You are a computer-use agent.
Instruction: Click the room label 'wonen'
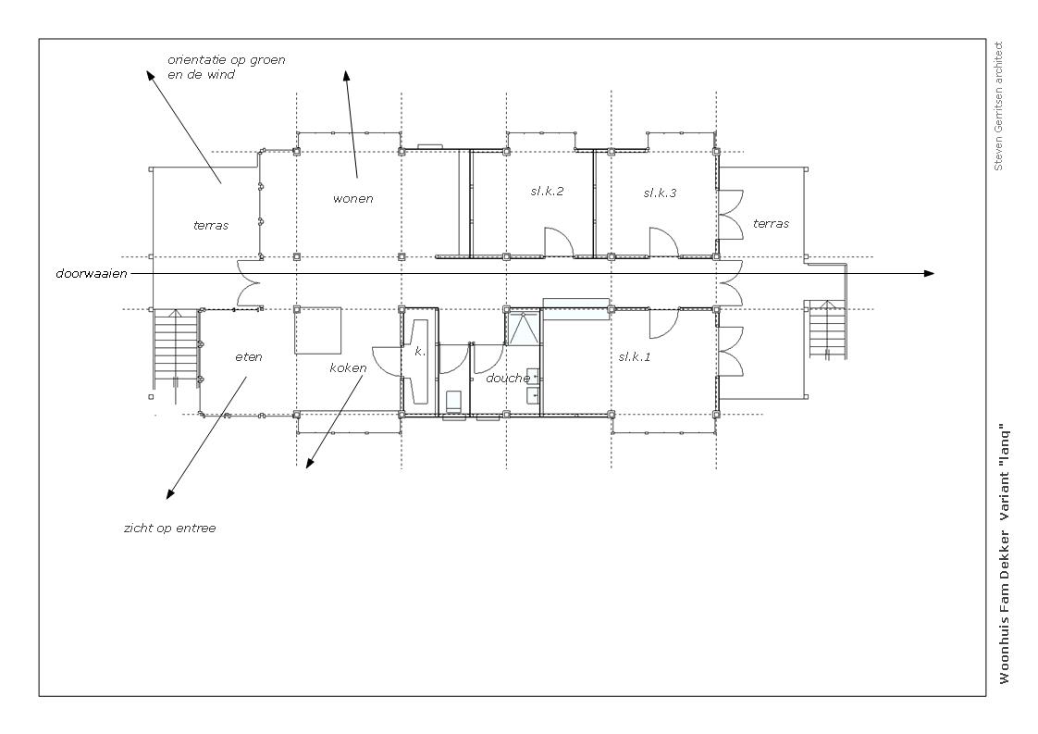tap(352, 199)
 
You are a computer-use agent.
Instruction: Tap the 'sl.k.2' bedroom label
tap(547, 192)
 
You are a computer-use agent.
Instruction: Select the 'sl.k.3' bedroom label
tap(660, 193)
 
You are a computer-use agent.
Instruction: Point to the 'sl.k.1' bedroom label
tap(635, 357)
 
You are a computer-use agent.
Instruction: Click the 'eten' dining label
tap(249, 357)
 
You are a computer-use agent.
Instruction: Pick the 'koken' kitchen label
tap(348, 367)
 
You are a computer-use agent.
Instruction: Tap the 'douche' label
tap(508, 379)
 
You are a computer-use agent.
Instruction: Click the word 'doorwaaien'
tap(92, 274)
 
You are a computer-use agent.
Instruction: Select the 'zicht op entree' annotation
tap(169, 528)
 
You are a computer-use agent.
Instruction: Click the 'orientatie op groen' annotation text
tap(227, 59)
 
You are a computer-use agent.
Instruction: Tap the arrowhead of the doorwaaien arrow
tap(930, 273)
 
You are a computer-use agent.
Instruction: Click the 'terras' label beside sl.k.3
tap(771, 224)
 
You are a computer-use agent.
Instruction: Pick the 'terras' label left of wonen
tap(211, 226)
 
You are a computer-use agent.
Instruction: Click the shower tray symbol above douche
tap(524, 329)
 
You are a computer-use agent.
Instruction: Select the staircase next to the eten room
tap(176, 348)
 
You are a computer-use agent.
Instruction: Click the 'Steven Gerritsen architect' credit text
tap(999, 106)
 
